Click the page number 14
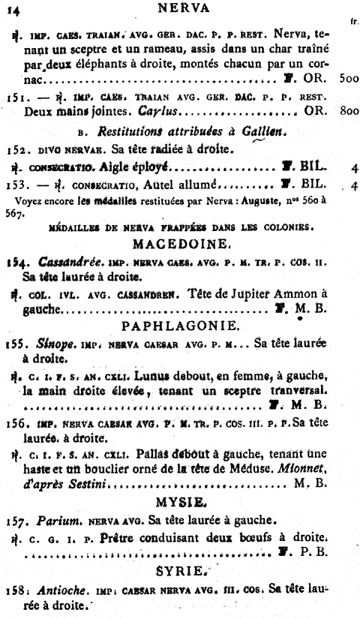pyautogui.click(x=16, y=8)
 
